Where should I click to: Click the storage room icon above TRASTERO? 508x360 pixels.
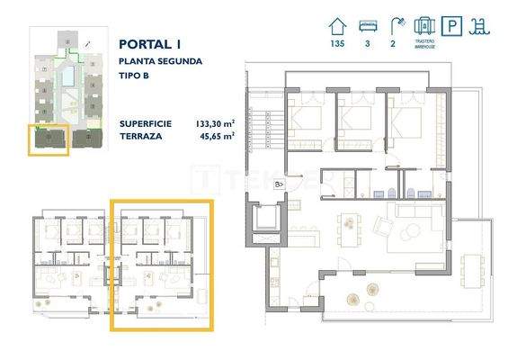click(427, 23)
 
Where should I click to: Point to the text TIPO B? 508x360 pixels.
click(135, 77)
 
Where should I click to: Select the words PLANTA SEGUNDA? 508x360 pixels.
click(160, 61)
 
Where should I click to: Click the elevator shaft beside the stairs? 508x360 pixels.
click(265, 219)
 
